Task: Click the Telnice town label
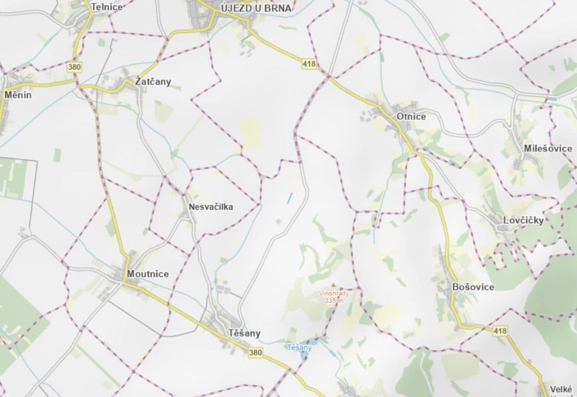[107, 7]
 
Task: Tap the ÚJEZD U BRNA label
[256, 8]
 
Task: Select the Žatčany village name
[153, 82]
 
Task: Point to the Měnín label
[18, 94]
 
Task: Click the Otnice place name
[411, 117]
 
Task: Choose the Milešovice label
[548, 148]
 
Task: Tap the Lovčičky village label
[523, 220]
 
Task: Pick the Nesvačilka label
[211, 206]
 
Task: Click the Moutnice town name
[147, 273]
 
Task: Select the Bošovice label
[473, 287]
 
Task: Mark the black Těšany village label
[244, 333]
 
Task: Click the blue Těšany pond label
[299, 347]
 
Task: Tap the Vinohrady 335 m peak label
[334, 297]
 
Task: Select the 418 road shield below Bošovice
[501, 330]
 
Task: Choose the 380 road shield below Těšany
[255, 352]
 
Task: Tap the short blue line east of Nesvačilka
[289, 198]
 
